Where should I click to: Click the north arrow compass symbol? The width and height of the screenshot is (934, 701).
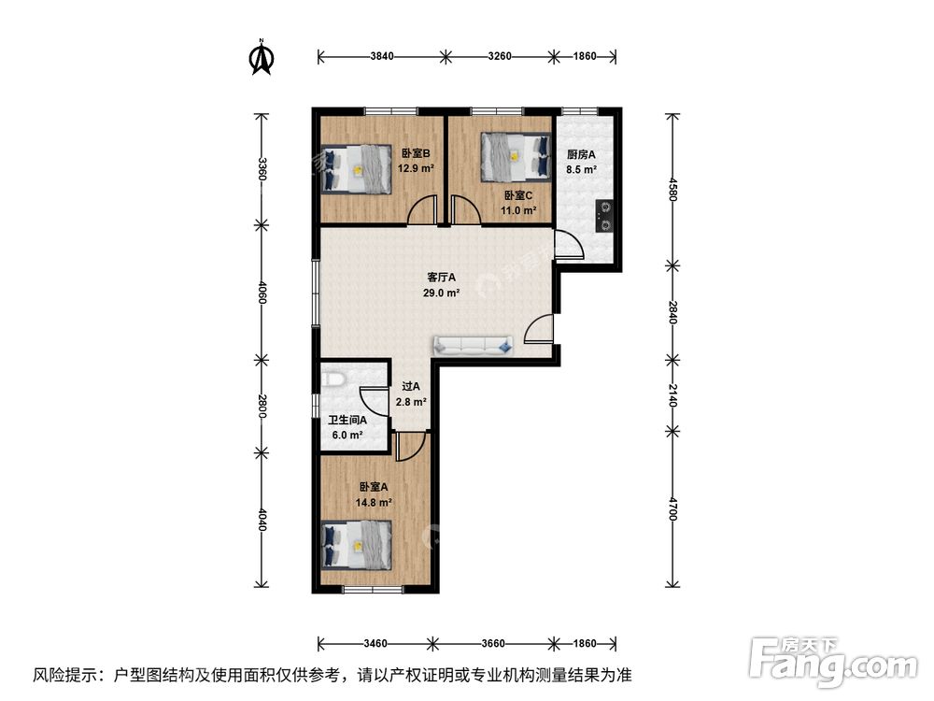(x=262, y=57)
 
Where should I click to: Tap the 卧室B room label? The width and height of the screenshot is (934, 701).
(x=416, y=154)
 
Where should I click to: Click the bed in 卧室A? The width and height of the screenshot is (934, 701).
(x=356, y=547)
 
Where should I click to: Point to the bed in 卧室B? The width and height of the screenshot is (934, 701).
(x=357, y=169)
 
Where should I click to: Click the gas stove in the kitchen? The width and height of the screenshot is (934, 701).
(x=603, y=216)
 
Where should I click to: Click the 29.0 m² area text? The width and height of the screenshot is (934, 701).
(x=441, y=293)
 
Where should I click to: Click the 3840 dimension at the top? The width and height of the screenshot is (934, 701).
(x=381, y=57)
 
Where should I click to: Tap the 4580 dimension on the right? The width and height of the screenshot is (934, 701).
(x=671, y=174)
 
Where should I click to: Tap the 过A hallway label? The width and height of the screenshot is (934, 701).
(x=410, y=386)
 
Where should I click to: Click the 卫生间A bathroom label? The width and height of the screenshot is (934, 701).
(x=347, y=421)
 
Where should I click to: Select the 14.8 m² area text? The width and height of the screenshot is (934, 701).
(x=373, y=502)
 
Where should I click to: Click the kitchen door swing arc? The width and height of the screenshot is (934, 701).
(x=570, y=247)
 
